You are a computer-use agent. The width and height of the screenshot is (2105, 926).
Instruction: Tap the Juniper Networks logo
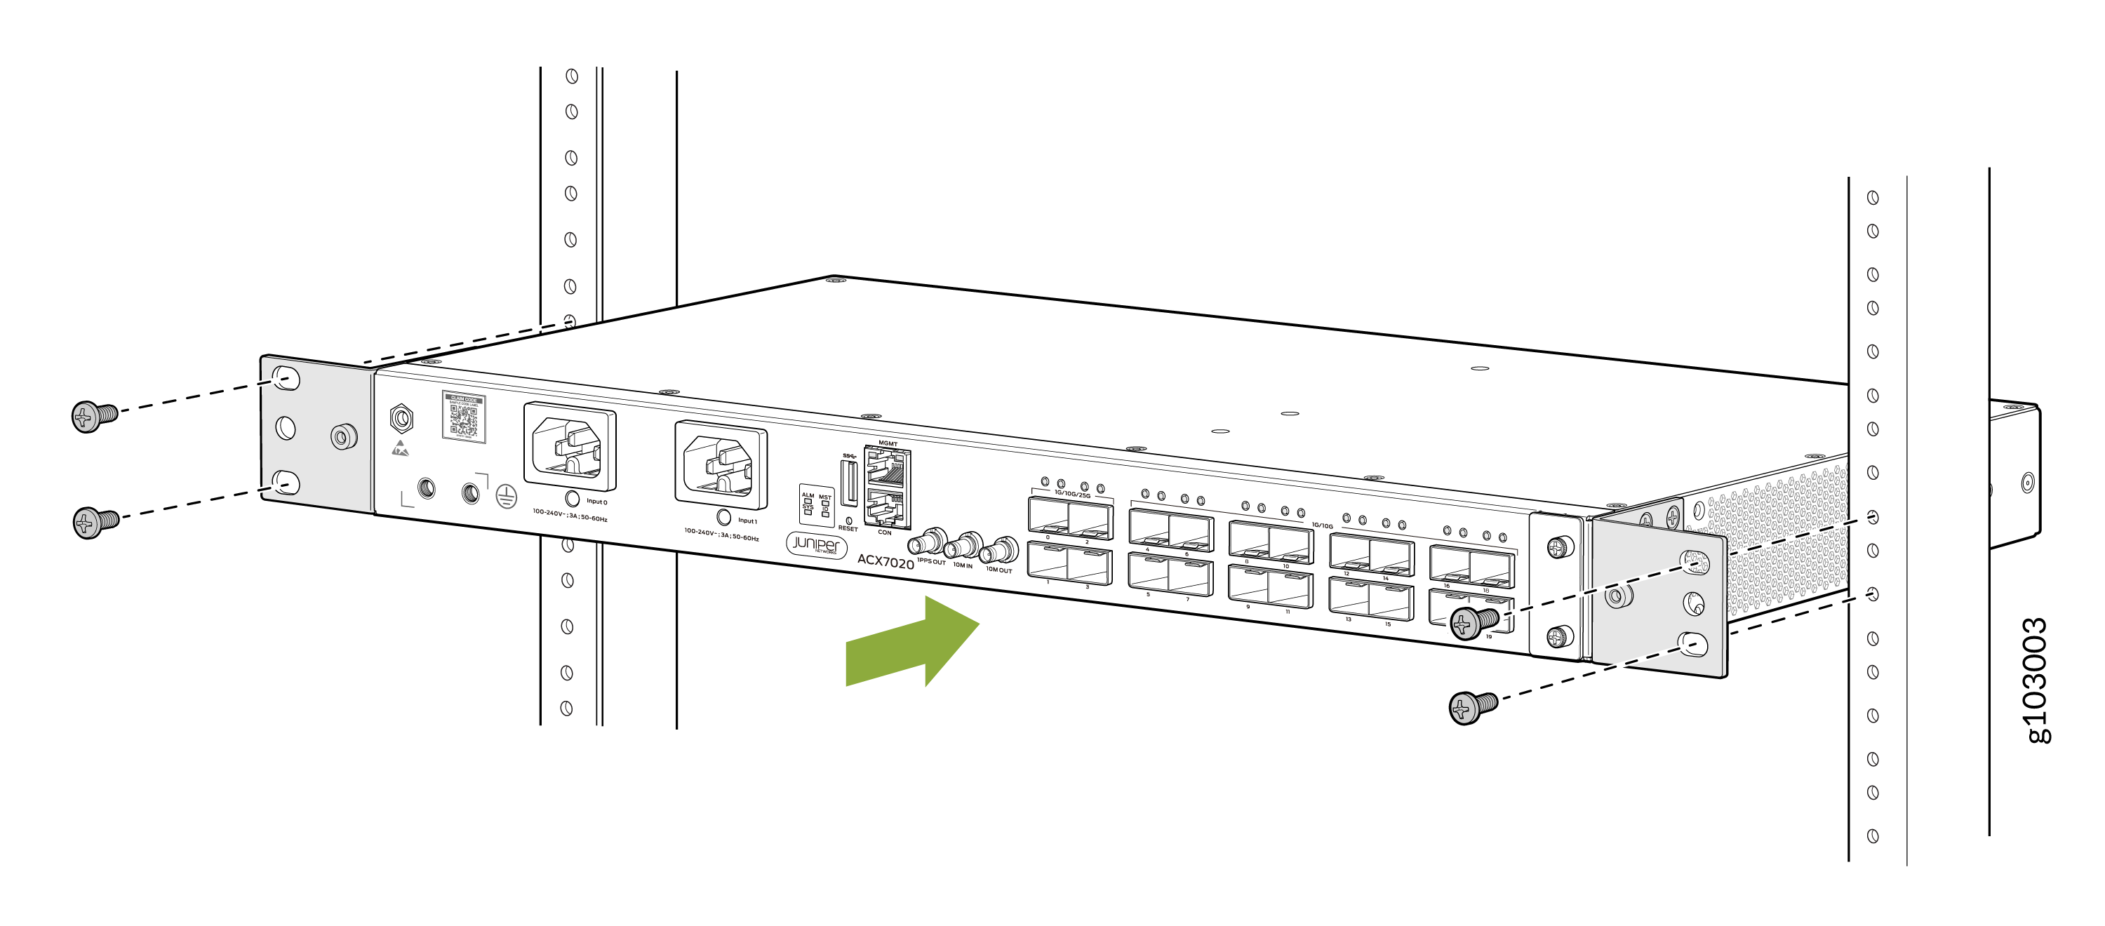tap(815, 544)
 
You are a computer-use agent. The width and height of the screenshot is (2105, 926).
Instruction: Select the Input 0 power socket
tap(570, 448)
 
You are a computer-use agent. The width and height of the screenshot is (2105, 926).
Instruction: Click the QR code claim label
tap(463, 417)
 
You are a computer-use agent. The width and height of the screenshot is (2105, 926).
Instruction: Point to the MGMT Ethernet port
tap(888, 469)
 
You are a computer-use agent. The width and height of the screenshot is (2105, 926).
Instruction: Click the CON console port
tap(886, 509)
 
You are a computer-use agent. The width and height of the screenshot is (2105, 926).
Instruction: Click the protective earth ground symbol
tap(507, 495)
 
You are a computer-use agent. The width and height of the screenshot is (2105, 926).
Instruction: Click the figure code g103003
tap(2036, 680)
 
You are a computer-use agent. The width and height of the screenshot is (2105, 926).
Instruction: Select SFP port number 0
tap(1048, 516)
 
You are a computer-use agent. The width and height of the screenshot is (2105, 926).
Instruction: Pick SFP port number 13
tap(1349, 598)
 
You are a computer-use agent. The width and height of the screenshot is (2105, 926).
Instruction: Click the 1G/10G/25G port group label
tap(1072, 495)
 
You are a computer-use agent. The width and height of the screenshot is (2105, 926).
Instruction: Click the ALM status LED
tap(808, 500)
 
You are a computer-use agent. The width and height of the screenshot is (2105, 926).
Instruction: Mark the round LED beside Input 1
tap(723, 517)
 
